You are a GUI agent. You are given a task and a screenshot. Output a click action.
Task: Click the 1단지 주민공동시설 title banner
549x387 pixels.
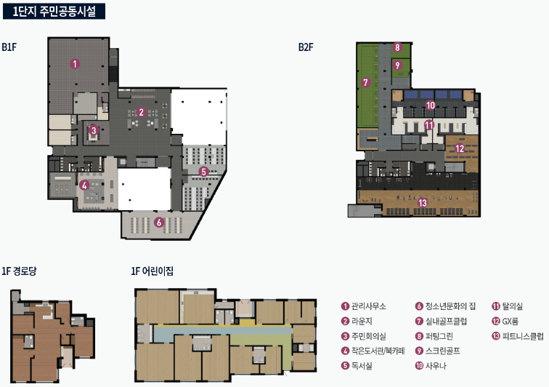point(54,11)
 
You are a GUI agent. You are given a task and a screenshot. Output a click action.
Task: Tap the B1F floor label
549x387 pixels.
point(9,47)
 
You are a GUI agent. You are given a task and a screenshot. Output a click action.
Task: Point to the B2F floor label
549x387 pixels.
point(306,47)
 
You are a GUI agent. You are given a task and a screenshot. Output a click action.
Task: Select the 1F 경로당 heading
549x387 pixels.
point(20,271)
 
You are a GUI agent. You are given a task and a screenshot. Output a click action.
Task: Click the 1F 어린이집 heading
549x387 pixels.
point(152,271)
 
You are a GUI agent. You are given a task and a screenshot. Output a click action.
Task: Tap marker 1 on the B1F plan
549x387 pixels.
point(75,64)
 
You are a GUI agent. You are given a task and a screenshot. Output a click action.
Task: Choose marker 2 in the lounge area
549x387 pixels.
point(141,112)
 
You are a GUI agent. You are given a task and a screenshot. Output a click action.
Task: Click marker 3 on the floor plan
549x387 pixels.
point(94,130)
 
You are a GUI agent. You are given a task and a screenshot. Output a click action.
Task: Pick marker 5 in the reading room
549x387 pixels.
point(203,172)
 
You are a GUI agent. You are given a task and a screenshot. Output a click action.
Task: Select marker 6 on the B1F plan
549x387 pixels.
point(159,222)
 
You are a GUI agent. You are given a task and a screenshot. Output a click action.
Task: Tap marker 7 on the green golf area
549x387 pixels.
point(365,82)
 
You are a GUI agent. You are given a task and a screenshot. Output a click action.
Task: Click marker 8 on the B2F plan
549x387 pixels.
point(396,47)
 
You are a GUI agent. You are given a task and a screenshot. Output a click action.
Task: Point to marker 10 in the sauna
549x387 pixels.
point(431,105)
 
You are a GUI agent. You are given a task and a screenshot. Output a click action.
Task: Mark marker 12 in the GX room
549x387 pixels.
point(460,148)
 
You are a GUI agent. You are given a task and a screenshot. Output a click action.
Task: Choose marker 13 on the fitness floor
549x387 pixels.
point(423,203)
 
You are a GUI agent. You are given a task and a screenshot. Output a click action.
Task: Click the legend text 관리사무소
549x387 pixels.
point(369,306)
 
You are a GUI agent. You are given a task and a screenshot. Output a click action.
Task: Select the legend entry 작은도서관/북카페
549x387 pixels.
point(378,351)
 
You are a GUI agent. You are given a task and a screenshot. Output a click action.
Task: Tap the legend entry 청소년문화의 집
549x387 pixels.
point(451,306)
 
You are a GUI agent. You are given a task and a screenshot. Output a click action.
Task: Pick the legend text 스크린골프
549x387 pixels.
point(442,351)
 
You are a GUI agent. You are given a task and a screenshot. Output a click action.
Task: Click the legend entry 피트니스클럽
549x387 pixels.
point(523,336)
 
